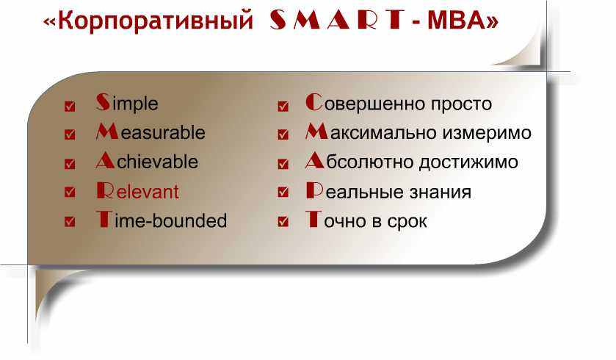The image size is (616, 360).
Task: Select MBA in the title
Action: tap(457, 20)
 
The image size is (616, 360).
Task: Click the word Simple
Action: tap(127, 103)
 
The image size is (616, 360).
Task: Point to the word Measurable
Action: tap(151, 132)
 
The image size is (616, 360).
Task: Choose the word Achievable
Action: tap(147, 161)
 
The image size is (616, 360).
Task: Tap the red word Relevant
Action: tap(137, 191)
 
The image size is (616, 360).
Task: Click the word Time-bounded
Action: tap(162, 220)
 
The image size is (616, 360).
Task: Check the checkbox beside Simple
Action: tap(70, 106)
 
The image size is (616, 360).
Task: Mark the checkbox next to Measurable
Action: tap(70, 134)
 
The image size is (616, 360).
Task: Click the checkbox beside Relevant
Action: tap(70, 192)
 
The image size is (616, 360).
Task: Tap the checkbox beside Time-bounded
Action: tap(70, 221)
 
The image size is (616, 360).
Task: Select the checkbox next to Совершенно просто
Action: tap(283, 106)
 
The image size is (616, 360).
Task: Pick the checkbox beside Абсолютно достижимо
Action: tap(283, 164)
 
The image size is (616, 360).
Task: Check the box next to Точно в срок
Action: tap(283, 221)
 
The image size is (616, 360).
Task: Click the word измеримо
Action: tap(486, 133)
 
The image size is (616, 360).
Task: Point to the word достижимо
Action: tap(468, 162)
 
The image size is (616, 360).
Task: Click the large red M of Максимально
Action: tap(316, 132)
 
